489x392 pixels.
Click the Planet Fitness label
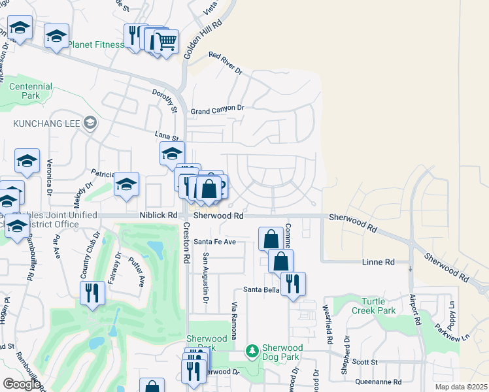pos(96,44)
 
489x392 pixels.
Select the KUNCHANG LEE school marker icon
pos(90,122)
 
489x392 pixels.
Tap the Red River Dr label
pos(225,63)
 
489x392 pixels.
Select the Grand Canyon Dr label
pos(217,109)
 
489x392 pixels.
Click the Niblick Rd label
pos(158,215)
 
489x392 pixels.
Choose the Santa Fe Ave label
pos(219,242)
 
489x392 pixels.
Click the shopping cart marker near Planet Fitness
pos(166,42)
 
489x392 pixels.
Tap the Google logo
pos(22,384)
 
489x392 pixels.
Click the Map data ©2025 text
pos(462,387)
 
